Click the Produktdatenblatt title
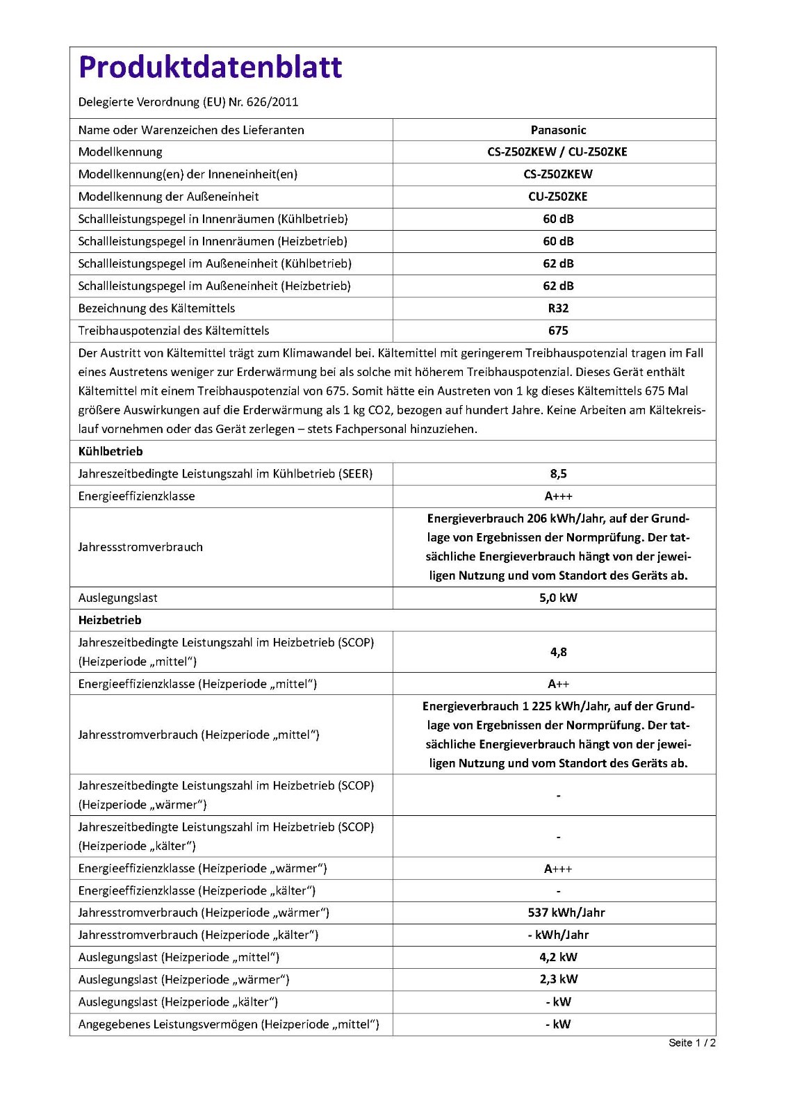click(210, 67)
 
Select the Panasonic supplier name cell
click(558, 130)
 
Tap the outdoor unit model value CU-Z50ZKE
click(558, 197)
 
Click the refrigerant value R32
click(558, 309)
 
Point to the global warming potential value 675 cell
click(558, 331)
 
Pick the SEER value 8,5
click(558, 474)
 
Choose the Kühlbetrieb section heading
click(110, 452)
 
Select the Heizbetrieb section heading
click(110, 620)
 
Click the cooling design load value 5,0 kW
click(558, 598)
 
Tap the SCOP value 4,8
click(558, 652)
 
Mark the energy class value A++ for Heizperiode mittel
click(558, 684)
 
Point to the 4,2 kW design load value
click(558, 957)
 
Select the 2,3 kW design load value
click(558, 979)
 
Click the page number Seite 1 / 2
click(691, 1042)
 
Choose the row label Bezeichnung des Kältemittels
click(156, 309)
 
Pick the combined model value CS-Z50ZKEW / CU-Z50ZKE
click(557, 152)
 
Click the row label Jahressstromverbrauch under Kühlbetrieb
click(140, 547)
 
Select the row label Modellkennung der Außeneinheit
click(168, 197)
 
